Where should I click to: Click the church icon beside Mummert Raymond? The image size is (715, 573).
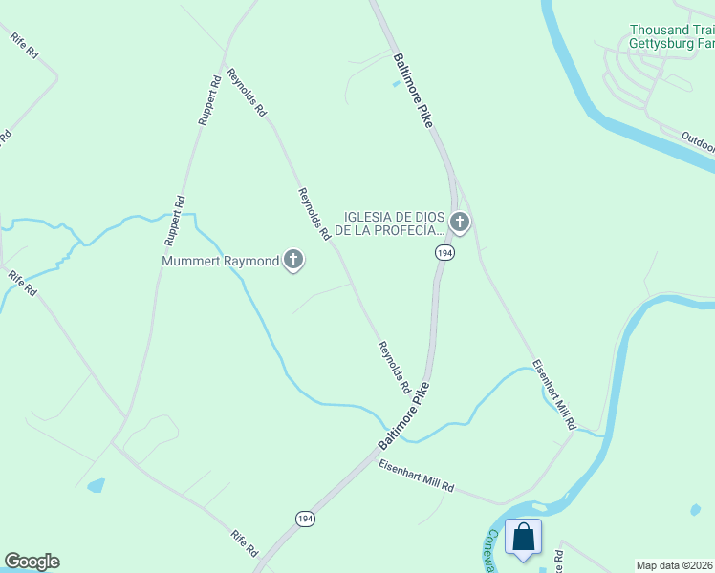tap(292, 260)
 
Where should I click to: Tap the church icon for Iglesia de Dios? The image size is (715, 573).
tap(460, 223)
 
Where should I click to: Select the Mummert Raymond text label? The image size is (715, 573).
tap(220, 261)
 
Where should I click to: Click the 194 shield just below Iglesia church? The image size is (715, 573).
tap(444, 252)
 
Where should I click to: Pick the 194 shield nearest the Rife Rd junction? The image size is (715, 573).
tap(304, 519)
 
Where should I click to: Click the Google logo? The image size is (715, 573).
tap(32, 562)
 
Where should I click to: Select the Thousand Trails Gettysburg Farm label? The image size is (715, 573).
tap(672, 37)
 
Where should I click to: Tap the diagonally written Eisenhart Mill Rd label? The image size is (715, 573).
tap(555, 394)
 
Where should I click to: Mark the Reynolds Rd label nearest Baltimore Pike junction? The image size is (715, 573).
tap(394, 368)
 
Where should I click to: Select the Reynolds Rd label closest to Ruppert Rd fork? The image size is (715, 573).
tap(247, 93)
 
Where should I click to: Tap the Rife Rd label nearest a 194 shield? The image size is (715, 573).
tap(245, 544)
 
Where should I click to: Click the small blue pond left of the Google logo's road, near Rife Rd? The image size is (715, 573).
tap(96, 486)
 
